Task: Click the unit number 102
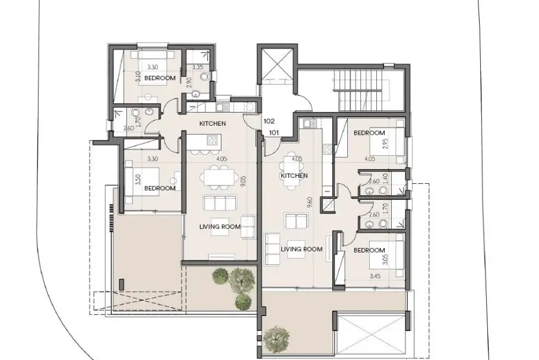[269, 121]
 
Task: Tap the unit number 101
[274, 133]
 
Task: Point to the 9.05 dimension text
[243, 181]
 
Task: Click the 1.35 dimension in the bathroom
[198, 68]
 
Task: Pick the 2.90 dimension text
[188, 83]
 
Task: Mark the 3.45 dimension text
[375, 276]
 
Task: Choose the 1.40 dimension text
[385, 178]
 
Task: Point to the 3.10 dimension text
[138, 76]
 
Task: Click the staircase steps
[360, 90]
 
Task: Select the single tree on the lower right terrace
[276, 338]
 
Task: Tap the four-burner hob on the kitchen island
[212, 140]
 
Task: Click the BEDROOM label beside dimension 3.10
[160, 78]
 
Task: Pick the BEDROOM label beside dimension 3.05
[369, 250]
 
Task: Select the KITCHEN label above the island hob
[213, 123]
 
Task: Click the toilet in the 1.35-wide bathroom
[205, 77]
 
